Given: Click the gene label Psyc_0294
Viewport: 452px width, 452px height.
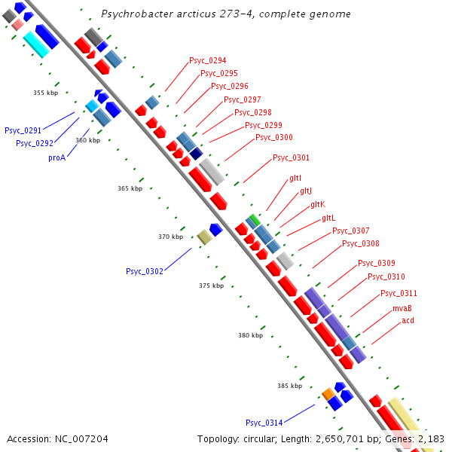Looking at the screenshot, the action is (207, 60).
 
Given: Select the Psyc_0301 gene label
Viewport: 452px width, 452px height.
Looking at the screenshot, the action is (291, 157).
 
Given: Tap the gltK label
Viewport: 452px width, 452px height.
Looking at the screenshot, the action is (317, 205).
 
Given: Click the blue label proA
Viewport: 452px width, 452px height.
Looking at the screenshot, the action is (57, 157).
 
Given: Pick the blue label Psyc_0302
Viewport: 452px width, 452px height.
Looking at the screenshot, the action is (145, 271).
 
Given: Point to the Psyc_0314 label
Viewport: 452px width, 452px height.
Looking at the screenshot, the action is (264, 422).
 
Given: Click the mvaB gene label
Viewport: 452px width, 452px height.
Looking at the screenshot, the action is (402, 308).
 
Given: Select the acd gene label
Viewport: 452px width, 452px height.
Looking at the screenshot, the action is (408, 320).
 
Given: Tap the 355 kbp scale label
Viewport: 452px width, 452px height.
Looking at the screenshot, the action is (45, 93).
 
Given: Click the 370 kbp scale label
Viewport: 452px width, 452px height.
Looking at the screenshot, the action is (170, 237).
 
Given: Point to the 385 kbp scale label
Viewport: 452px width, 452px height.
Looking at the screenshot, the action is (289, 386).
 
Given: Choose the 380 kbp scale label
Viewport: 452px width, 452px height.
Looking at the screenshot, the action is (250, 335).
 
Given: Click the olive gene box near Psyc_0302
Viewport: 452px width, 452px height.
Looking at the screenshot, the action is (204, 237).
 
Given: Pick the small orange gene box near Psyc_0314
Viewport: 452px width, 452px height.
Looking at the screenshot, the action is (328, 392).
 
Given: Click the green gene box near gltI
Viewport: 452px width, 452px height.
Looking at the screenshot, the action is (255, 219).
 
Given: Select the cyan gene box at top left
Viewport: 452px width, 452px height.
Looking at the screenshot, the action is (35, 44).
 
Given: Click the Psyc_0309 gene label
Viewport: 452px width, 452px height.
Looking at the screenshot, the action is (376, 263).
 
